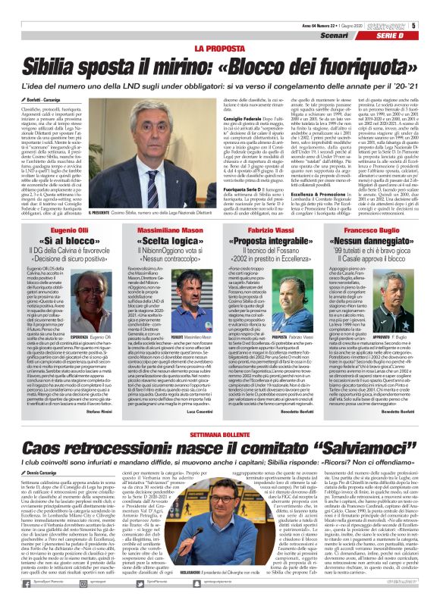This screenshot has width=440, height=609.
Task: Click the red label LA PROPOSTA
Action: (x=219, y=48)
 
